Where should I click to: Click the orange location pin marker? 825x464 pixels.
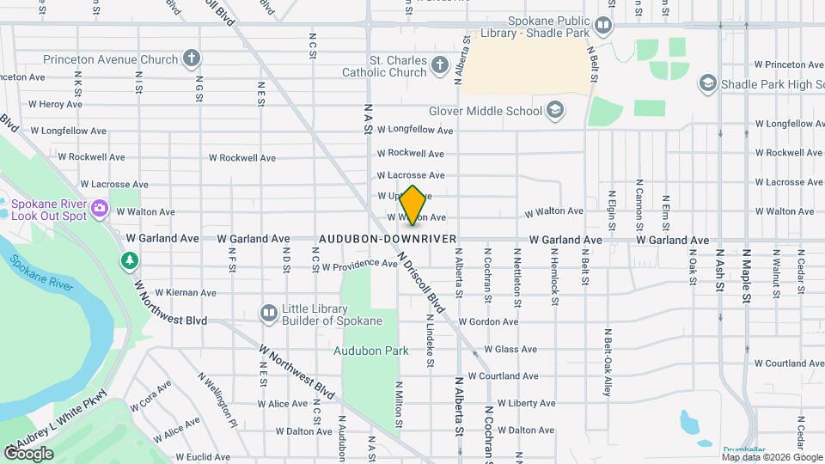click(413, 205)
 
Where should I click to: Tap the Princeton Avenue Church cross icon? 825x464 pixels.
click(192, 59)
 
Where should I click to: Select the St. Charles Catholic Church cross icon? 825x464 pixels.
click(439, 65)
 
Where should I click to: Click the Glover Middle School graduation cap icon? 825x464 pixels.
click(555, 110)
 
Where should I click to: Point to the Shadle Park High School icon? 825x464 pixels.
click(707, 83)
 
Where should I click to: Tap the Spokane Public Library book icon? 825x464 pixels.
click(603, 26)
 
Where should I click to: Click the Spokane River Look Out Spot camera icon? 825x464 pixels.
click(100, 208)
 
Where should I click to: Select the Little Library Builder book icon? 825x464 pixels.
click(269, 313)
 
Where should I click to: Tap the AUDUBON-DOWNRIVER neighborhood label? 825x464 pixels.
click(387, 238)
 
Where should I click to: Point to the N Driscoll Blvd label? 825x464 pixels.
click(422, 283)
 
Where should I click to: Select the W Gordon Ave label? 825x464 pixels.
click(488, 321)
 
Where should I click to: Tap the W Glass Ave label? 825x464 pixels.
click(510, 349)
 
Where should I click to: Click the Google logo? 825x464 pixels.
click(27, 453)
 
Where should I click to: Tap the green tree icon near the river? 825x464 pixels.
click(130, 259)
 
